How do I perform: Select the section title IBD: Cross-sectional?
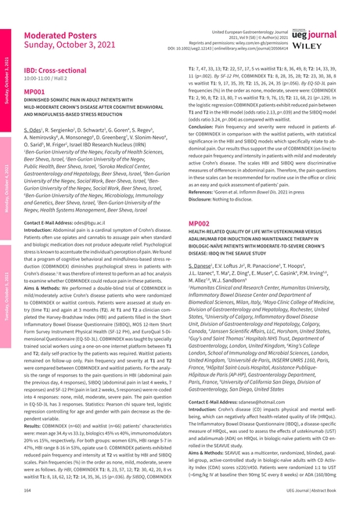click(x=59, y=70)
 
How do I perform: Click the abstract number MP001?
click(x=38, y=91)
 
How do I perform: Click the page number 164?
click(x=28, y=489)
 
